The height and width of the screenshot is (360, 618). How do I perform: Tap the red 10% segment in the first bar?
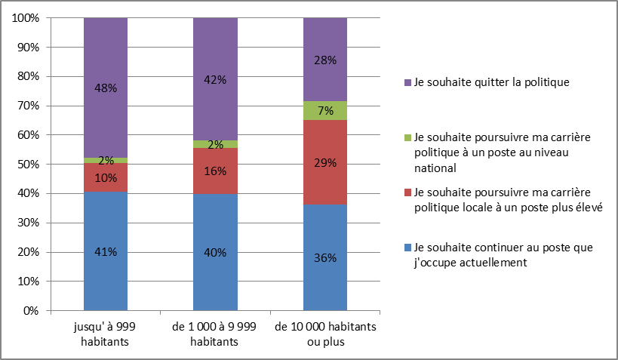106,177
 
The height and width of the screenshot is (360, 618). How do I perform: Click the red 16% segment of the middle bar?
215,171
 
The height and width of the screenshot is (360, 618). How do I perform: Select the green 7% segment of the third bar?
324,111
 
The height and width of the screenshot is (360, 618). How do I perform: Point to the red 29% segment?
324,162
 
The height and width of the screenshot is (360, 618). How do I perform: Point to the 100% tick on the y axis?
28,18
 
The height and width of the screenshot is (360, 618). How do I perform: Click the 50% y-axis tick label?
30,165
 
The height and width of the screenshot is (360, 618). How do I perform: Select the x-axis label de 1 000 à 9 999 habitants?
215,334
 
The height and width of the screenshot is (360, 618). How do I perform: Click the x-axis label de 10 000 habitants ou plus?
325,334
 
